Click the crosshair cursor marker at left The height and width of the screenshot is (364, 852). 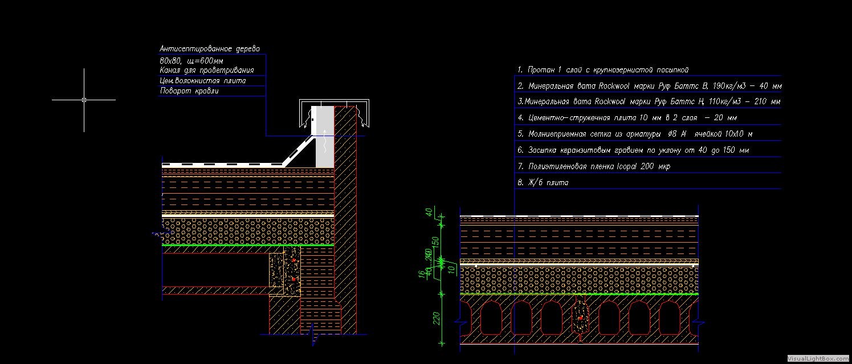84,100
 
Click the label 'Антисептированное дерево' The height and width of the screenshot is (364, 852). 210,49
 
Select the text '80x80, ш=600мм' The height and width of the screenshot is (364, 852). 191,60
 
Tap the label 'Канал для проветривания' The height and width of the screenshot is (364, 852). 207,71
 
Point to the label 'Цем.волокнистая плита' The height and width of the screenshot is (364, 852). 203,81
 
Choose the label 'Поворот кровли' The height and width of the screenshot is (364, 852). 189,91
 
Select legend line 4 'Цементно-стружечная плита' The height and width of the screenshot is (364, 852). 627,118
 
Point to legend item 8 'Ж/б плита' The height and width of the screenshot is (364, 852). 543,183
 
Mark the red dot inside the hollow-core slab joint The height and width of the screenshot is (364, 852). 581,317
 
